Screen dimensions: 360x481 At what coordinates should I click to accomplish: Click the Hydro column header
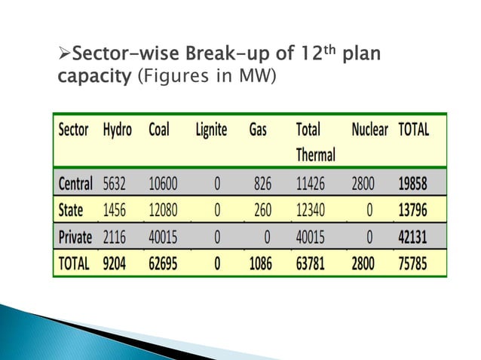coord(117,130)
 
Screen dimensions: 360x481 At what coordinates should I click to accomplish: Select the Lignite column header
coord(210,130)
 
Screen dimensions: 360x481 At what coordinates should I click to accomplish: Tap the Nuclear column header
coord(369,130)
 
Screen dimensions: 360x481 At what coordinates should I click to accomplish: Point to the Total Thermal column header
coord(315,142)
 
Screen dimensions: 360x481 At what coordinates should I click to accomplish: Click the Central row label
coord(75,183)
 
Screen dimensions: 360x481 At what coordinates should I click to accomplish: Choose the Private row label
coord(75,237)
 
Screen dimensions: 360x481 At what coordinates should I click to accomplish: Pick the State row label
coord(71,210)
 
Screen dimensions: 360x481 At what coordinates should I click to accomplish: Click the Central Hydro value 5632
coord(117,183)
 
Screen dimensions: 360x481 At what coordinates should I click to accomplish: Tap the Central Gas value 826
coord(259,183)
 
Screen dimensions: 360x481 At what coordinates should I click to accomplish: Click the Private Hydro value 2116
coord(117,237)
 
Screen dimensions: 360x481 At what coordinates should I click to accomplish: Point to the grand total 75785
coord(413,264)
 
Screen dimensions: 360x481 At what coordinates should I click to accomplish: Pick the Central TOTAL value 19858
coord(413,183)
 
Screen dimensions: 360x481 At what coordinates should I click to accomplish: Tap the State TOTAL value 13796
coord(413,210)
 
